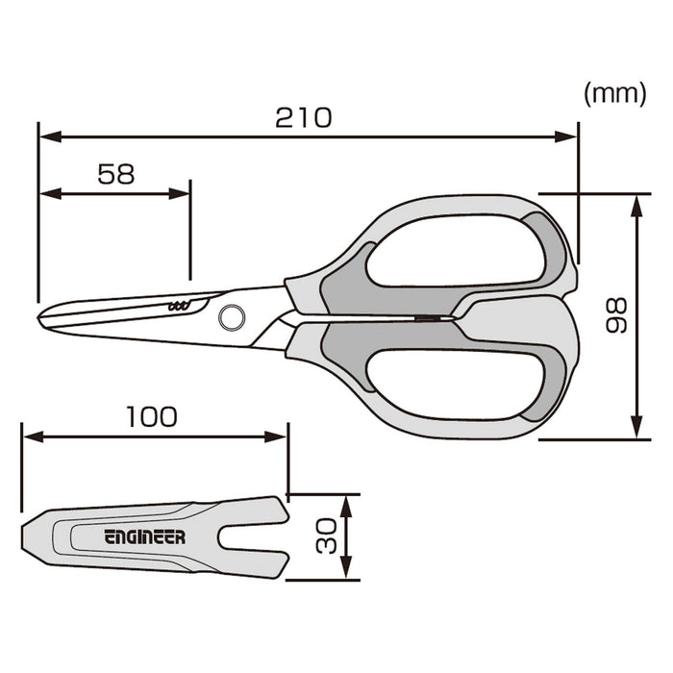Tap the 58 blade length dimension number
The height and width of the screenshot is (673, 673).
click(x=115, y=173)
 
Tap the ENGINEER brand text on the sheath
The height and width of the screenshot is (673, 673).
click(x=144, y=537)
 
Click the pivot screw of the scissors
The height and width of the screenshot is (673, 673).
click(x=232, y=314)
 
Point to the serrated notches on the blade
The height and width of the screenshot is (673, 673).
click(x=179, y=306)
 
